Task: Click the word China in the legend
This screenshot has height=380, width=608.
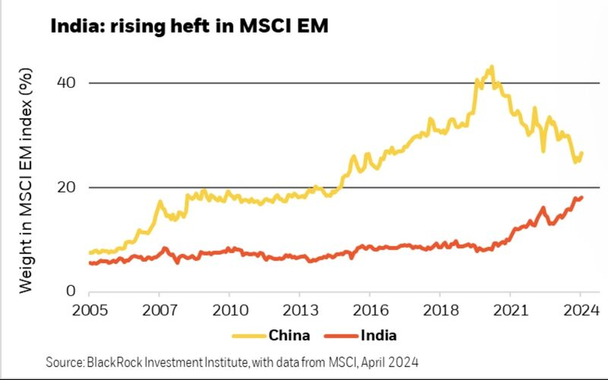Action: pyautogui.click(x=288, y=334)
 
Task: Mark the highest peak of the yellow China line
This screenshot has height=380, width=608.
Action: pyautogui.click(x=492, y=67)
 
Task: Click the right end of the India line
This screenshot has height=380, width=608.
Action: pyautogui.click(x=582, y=197)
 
